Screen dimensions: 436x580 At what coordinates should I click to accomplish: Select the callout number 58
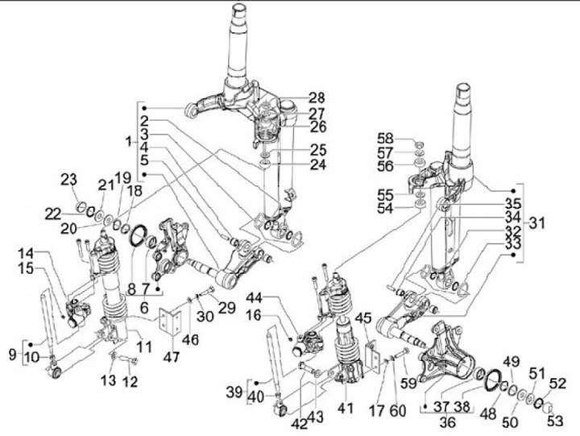pos(386,138)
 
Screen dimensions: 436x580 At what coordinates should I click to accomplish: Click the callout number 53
pos(553,420)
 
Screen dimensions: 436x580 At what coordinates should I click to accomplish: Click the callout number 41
pos(346,409)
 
